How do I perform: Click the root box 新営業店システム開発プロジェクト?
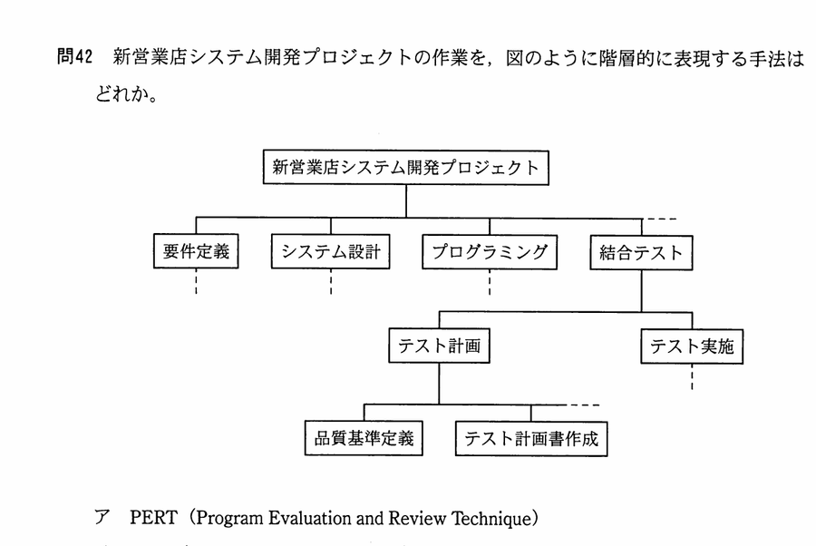tap(406, 168)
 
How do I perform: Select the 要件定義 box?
tap(196, 251)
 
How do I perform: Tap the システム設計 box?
tap(330, 252)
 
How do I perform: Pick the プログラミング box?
tap(490, 252)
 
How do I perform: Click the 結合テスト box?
tap(641, 253)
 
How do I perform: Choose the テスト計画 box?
tap(439, 346)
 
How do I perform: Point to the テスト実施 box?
tap(692, 346)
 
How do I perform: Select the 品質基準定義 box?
tap(364, 438)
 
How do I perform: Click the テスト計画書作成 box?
tap(531, 439)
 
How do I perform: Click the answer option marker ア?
tap(102, 517)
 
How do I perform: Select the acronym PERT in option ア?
tap(153, 518)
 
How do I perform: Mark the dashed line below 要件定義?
tap(196, 281)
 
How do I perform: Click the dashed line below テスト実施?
tap(692, 376)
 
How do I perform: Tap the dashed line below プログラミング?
tap(490, 283)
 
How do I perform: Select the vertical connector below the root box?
tap(406, 201)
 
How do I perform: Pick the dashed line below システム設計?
tap(330, 282)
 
